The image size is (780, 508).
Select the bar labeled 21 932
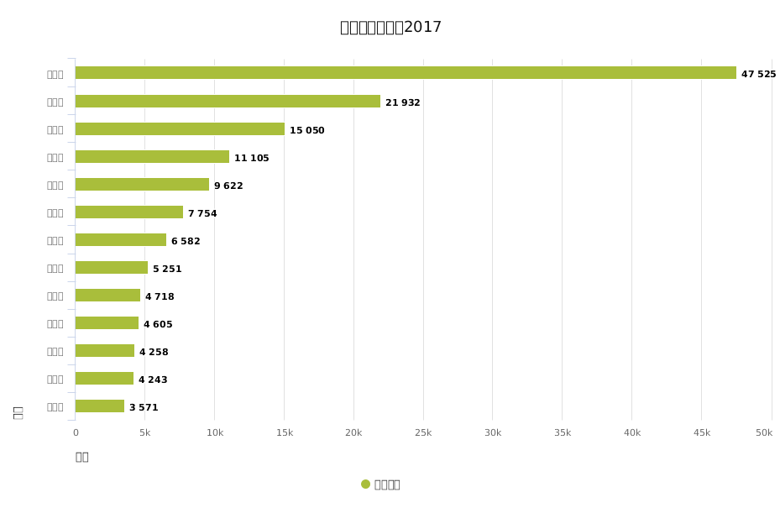[228, 102]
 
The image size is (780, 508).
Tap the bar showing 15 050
[180, 129]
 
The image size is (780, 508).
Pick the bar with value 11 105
[152, 157]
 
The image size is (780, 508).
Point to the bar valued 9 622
[142, 185]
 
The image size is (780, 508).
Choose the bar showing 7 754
[128, 212]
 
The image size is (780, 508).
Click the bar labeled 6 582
[121, 240]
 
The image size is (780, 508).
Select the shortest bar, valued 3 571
[100, 406]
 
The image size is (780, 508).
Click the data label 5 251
[167, 270]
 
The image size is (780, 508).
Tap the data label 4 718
[160, 297]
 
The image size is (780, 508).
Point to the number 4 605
[158, 325]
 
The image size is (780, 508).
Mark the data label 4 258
[154, 353]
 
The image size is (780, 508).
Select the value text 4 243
[153, 380]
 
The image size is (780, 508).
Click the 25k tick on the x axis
[423, 433]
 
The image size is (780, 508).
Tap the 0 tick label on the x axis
[76, 433]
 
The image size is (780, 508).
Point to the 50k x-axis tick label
[764, 433]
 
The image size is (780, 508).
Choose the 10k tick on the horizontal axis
[215, 433]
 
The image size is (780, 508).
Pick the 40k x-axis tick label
[631, 433]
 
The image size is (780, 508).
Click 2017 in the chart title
[422, 28]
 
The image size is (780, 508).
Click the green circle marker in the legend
[365, 484]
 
